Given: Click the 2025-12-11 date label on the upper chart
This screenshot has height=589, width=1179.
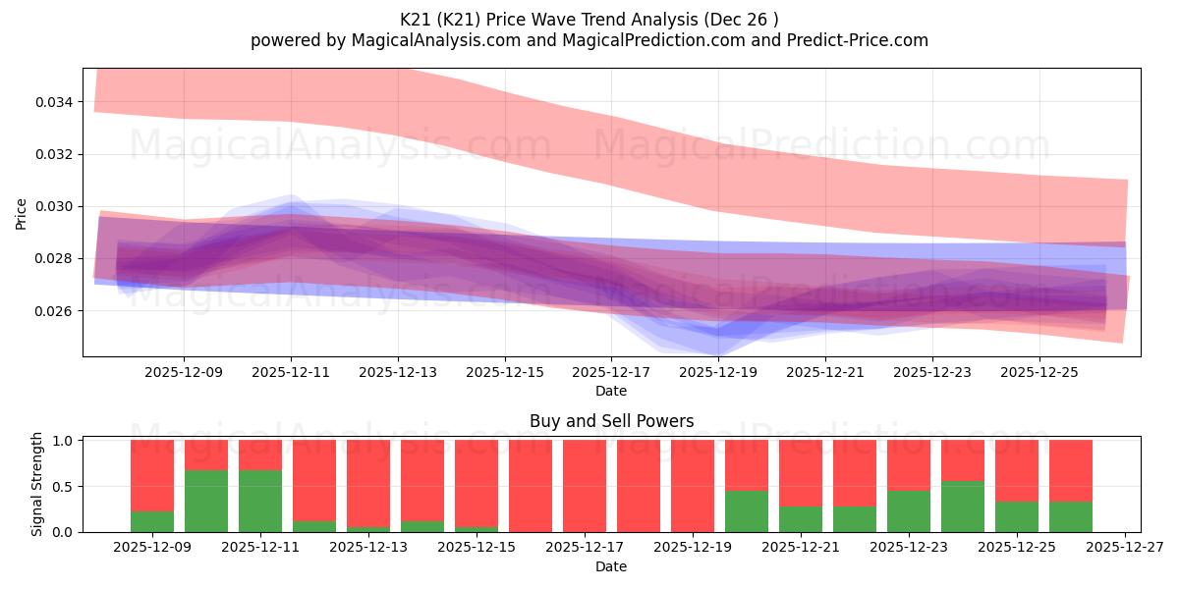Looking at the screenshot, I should pos(291,373).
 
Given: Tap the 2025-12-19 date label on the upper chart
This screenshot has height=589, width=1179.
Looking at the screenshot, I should pos(718,373).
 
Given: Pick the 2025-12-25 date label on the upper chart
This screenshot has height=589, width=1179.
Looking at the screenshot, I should pos(1039,373).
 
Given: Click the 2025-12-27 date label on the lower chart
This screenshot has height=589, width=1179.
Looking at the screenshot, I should pos(1123,549).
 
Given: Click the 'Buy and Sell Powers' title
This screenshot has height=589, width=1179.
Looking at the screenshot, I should pos(611,421).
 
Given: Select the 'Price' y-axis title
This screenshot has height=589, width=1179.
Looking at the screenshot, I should pos(22,213).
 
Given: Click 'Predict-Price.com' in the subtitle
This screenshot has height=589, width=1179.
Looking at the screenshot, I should pos(854,40).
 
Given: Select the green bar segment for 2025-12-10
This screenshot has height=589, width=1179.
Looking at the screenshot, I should pos(206,501).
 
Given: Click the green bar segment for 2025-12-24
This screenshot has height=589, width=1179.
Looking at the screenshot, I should pos(963,507).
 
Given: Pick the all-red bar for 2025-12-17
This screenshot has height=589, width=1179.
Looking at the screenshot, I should pos(585,486).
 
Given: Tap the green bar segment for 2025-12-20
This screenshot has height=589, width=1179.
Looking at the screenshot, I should pos(747,511).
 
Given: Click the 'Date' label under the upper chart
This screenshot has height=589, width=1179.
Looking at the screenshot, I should pos(611,391).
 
